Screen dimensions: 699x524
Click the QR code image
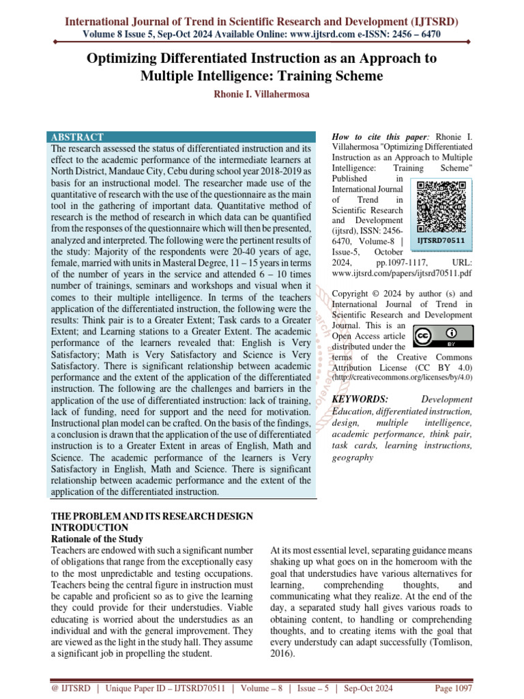441,206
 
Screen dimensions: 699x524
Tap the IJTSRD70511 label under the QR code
441,240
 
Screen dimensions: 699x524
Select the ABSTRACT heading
77,137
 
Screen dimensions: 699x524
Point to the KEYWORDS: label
360,399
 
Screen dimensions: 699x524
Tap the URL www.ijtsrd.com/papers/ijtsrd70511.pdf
401,273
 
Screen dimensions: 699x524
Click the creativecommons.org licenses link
401,377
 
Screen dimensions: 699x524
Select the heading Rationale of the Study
98,539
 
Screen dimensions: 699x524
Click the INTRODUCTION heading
89,528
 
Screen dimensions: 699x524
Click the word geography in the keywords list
353,457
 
